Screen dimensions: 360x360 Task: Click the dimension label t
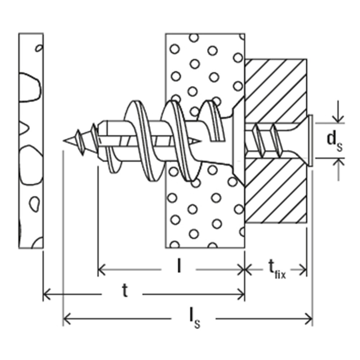(125, 292)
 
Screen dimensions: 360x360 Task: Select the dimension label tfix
(276, 269)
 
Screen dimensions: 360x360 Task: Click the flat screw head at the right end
(311, 140)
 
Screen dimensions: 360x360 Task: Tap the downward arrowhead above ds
(338, 118)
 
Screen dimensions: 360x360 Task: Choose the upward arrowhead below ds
(338, 163)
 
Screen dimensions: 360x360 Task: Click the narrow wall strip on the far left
(31, 140)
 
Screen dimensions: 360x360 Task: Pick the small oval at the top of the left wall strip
(39, 48)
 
